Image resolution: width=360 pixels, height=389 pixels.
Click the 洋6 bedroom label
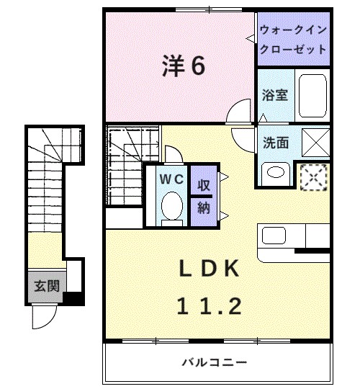point(183,66)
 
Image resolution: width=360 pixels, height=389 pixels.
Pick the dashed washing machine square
point(315,176)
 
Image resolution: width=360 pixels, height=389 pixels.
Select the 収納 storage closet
point(204,196)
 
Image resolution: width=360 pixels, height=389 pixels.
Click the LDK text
point(208,268)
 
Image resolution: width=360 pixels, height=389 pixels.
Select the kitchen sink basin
point(274,236)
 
